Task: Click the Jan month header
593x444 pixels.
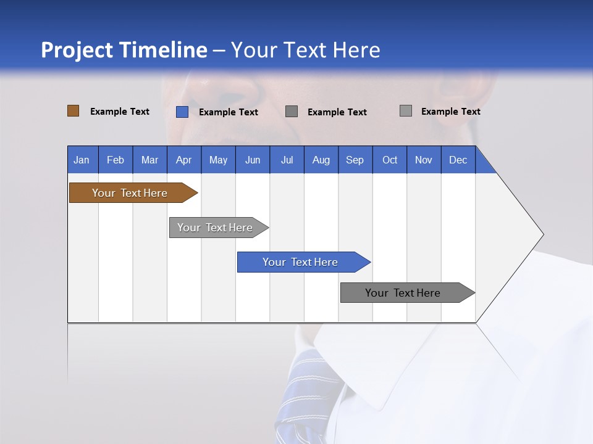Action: (82, 160)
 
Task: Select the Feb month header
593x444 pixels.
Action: (116, 160)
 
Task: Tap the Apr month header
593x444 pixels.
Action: (183, 160)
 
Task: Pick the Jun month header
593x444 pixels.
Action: (253, 160)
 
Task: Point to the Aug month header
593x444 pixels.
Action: (321, 160)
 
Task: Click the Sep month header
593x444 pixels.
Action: (355, 160)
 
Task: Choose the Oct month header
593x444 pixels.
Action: (390, 160)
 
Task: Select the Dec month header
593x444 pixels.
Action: (458, 160)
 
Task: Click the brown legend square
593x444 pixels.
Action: (74, 111)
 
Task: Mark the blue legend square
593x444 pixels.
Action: (182, 112)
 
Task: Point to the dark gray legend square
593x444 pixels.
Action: (292, 111)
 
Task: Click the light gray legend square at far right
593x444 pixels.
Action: (406, 111)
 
